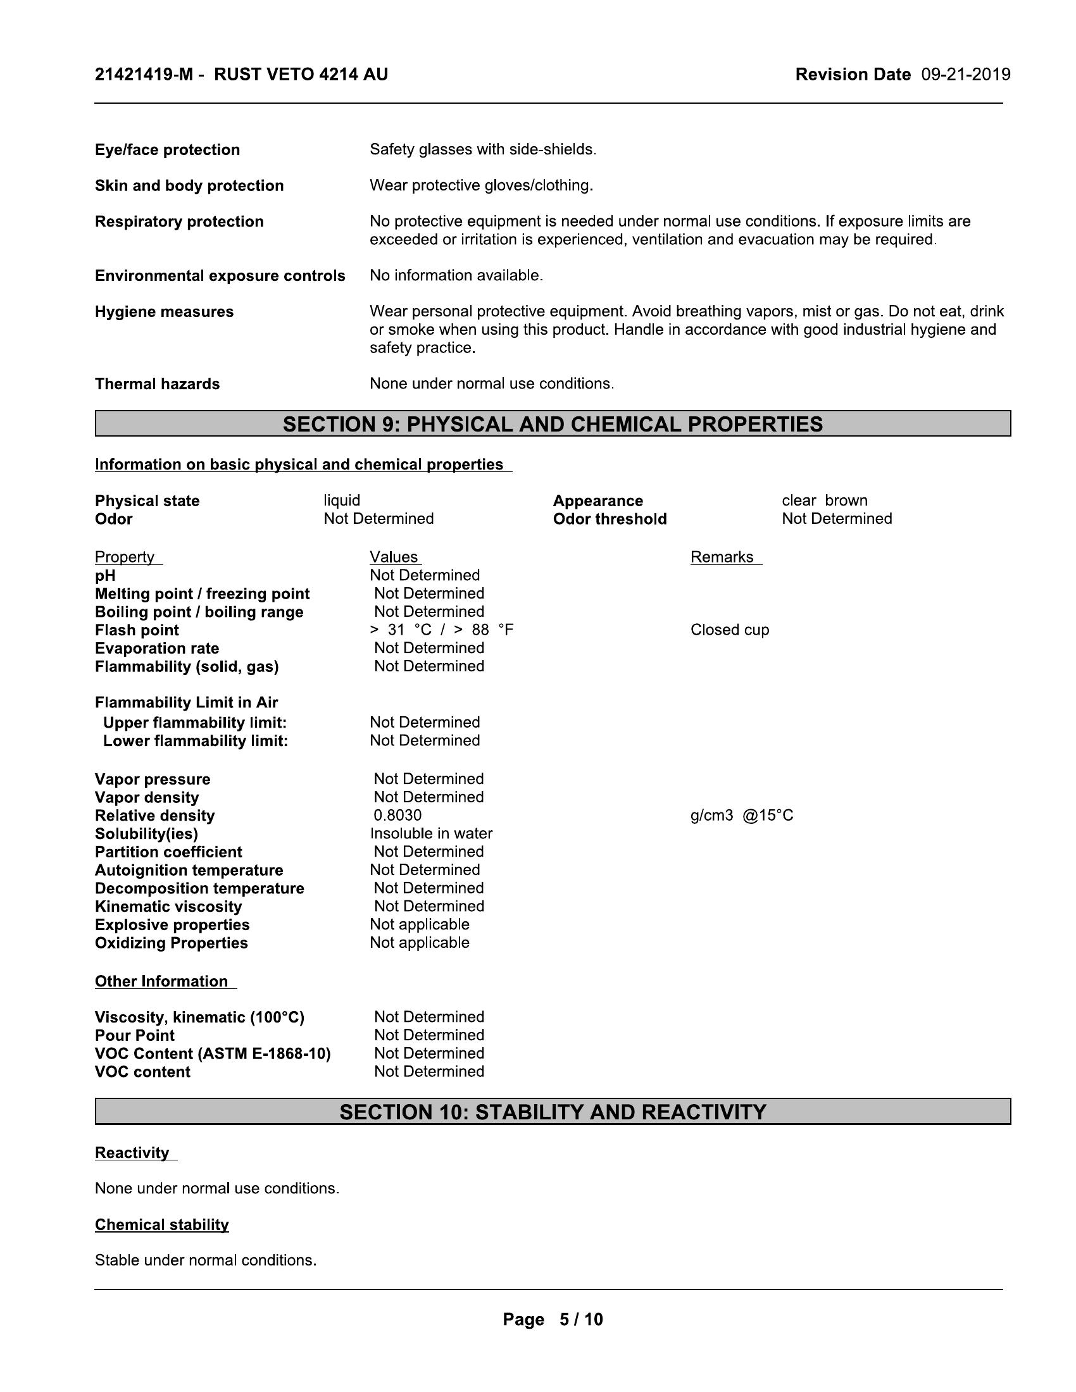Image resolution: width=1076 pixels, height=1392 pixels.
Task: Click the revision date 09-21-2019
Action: (965, 75)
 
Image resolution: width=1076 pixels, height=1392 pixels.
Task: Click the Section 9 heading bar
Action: (553, 424)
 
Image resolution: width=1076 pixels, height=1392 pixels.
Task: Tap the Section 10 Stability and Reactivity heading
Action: (553, 1112)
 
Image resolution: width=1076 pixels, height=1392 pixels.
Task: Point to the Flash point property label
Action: (137, 630)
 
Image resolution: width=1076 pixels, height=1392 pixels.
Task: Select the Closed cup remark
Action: (729, 630)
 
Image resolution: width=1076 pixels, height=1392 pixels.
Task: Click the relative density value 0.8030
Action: (397, 815)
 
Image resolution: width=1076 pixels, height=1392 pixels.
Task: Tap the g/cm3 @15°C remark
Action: (741, 815)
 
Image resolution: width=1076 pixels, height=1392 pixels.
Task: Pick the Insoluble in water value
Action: (431, 834)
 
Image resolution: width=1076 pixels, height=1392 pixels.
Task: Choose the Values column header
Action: (394, 557)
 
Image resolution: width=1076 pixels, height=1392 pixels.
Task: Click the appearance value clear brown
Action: (824, 500)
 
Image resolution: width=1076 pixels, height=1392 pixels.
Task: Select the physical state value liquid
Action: (342, 500)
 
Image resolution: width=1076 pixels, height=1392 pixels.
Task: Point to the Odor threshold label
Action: (610, 519)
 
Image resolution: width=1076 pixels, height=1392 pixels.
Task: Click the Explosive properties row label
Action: (172, 925)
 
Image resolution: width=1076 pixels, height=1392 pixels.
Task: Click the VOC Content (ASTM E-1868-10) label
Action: (213, 1054)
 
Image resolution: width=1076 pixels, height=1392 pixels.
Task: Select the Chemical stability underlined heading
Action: (162, 1225)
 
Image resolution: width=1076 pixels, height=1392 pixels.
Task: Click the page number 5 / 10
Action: (553, 1319)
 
